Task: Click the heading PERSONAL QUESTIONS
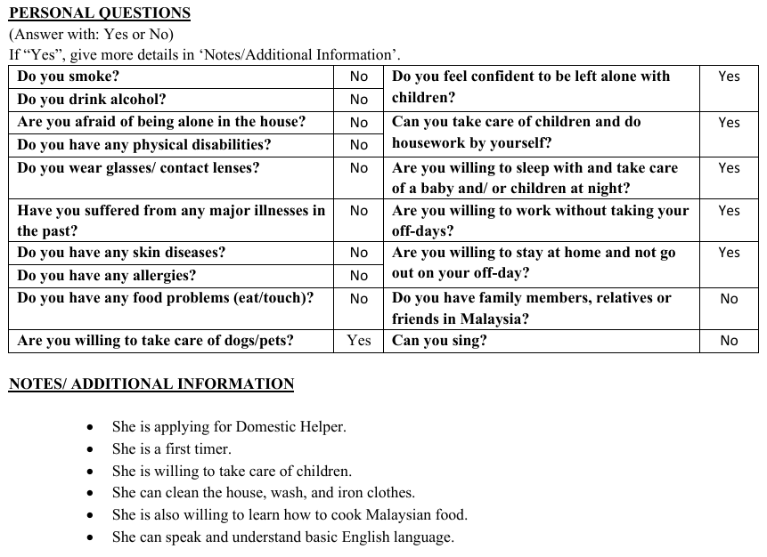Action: coord(99,13)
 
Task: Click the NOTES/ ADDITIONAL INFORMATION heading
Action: coord(151,384)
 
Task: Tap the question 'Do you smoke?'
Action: coord(69,77)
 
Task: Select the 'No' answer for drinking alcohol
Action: coord(359,100)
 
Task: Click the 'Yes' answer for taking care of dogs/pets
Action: coord(359,341)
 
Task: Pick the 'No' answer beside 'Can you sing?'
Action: coord(729,341)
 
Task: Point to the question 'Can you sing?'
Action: coord(439,341)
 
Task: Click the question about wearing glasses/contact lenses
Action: coord(138,168)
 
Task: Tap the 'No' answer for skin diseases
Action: coord(359,253)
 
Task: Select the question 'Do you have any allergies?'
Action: coord(107,276)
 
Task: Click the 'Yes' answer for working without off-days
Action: coord(729,211)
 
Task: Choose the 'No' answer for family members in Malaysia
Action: coord(729,299)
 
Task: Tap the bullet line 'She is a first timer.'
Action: coord(171,449)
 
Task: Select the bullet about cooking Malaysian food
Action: coord(290,515)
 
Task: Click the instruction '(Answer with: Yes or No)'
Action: coord(91,35)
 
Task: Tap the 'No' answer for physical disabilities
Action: coord(359,145)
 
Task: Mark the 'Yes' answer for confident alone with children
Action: coord(729,77)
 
